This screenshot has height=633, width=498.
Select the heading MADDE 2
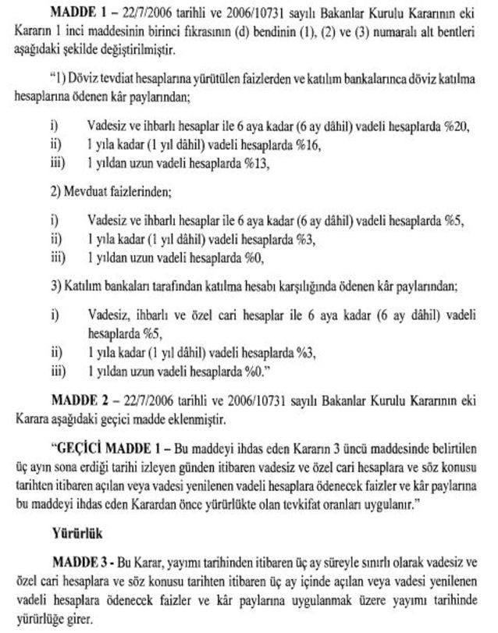click(x=78, y=400)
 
